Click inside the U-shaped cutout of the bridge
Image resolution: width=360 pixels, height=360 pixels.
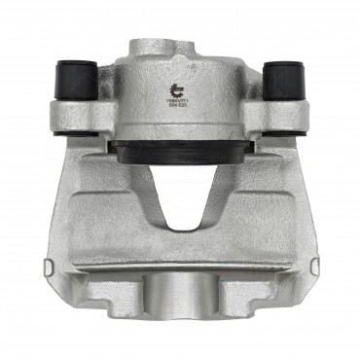pyautogui.click(x=180, y=204)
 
